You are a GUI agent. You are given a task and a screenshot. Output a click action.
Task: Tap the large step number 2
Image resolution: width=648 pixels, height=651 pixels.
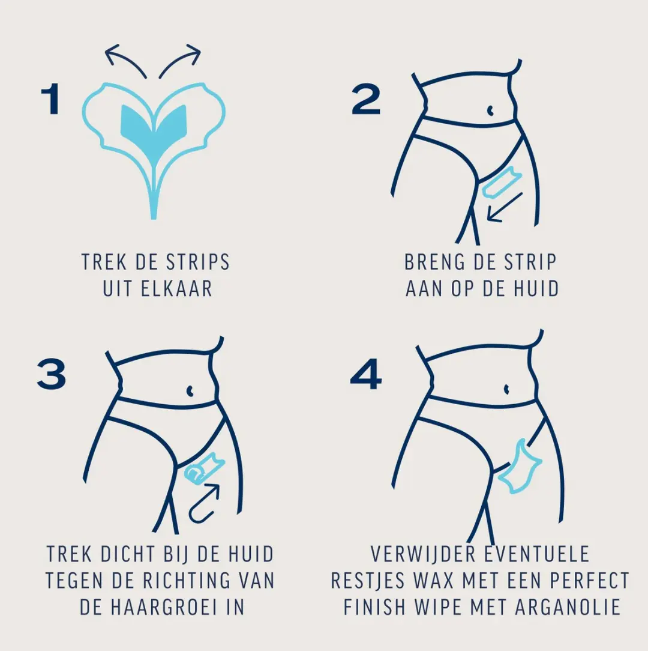click(365, 99)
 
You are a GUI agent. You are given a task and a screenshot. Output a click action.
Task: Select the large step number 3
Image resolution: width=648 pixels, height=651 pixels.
click(52, 374)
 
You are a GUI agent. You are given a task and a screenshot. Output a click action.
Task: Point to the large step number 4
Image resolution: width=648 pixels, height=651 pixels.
click(365, 374)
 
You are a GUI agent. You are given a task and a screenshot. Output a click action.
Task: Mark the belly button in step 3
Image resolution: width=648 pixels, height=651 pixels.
click(190, 391)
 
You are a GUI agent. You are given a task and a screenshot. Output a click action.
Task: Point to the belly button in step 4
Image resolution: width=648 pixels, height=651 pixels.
click(506, 389)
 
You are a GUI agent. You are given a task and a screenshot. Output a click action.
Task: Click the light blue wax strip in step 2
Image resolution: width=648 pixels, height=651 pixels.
click(502, 182)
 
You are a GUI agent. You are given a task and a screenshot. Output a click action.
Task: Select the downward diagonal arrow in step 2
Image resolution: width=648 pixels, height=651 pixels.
click(504, 207)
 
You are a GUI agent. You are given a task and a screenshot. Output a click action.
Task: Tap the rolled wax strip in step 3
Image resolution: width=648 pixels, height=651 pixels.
click(204, 468)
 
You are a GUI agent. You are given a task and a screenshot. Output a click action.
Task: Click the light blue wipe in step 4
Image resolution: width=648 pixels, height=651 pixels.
click(520, 467)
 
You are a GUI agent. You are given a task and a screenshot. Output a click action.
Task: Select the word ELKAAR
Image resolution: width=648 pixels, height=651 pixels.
click(176, 289)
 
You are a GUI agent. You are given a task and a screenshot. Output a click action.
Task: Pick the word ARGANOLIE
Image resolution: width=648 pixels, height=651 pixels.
click(568, 607)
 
